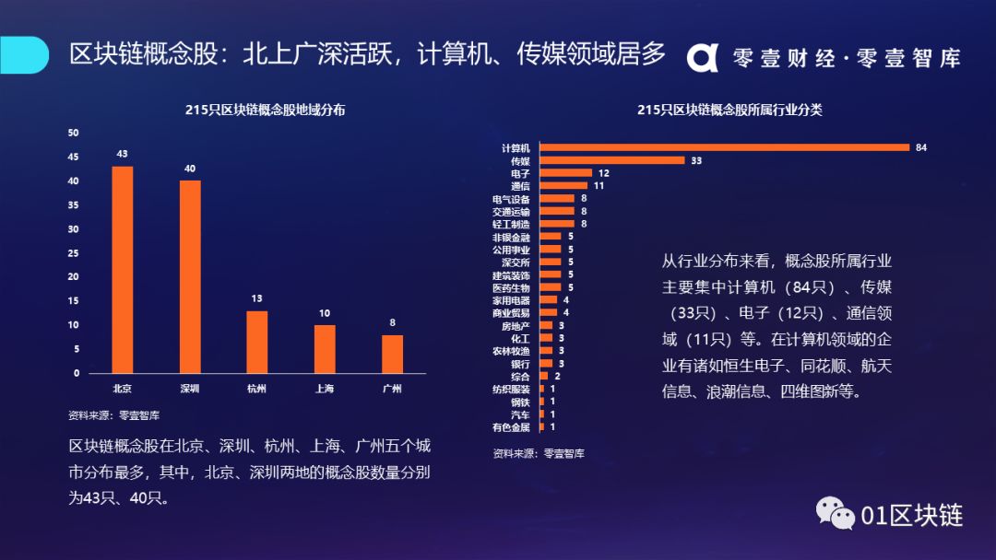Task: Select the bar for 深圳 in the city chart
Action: click(x=190, y=276)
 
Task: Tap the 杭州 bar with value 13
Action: click(x=257, y=342)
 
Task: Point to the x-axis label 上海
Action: click(x=324, y=389)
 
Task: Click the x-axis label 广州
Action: click(x=392, y=389)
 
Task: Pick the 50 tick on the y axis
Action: click(x=74, y=133)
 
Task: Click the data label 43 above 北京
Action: click(x=123, y=153)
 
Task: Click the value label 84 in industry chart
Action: click(x=920, y=147)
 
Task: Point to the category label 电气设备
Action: click(x=511, y=199)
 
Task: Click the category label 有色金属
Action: click(x=511, y=427)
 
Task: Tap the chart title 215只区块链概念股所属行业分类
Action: click(x=729, y=110)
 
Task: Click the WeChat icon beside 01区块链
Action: click(x=834, y=514)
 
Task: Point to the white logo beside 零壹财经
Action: click(x=702, y=57)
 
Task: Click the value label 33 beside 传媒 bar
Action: click(x=696, y=160)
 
